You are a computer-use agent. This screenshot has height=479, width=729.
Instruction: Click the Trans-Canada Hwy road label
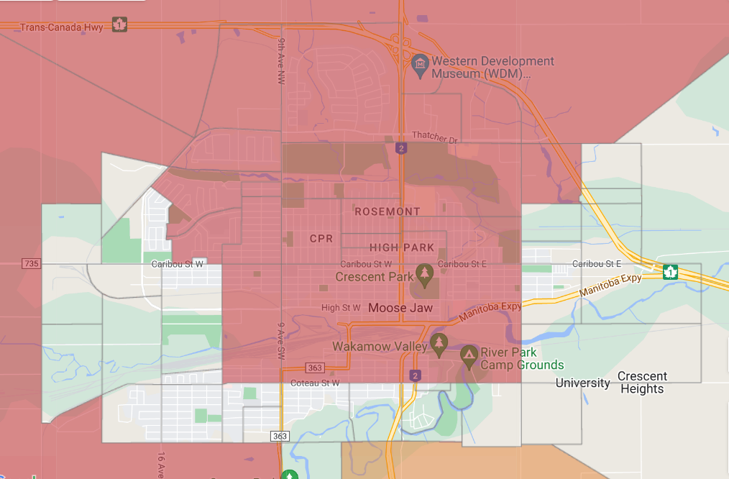pyautogui.click(x=62, y=27)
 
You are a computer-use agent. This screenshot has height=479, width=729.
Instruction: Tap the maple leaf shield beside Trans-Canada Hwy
pyautogui.click(x=119, y=25)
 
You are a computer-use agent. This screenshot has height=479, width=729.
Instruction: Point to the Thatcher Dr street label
pyautogui.click(x=435, y=136)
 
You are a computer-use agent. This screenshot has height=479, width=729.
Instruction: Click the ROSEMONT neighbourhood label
pyautogui.click(x=388, y=211)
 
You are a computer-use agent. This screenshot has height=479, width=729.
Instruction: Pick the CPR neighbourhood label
pyautogui.click(x=321, y=238)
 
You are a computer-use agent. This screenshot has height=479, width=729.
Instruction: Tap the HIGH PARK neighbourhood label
pyautogui.click(x=402, y=247)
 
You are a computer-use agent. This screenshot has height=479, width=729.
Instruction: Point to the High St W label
pyautogui.click(x=341, y=308)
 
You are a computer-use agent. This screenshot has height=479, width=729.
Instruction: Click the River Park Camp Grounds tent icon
pyautogui.click(x=469, y=354)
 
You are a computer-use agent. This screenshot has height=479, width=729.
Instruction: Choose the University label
pyautogui.click(x=582, y=383)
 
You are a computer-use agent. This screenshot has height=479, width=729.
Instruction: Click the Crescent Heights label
pyautogui.click(x=642, y=383)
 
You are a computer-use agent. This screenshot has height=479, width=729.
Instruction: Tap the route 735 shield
pyautogui.click(x=31, y=264)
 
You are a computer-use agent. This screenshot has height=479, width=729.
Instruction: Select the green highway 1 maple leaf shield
pyautogui.click(x=670, y=272)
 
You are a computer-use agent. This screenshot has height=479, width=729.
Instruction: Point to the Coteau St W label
pyautogui.click(x=316, y=383)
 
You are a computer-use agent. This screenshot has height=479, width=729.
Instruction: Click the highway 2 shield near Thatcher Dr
pyautogui.click(x=401, y=148)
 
